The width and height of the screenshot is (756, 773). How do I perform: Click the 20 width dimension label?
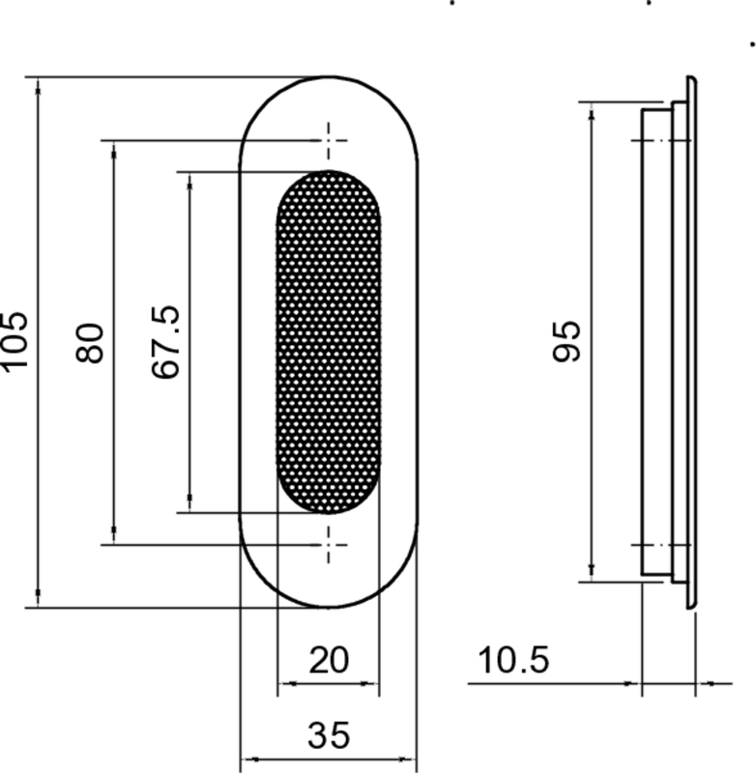point(328,661)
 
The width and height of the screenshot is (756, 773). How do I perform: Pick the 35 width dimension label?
point(328,735)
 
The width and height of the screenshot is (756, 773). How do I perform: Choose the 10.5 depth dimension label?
point(513,662)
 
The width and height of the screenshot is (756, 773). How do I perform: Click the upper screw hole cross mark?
point(331,140)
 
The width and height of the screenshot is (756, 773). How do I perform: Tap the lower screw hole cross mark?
point(331,544)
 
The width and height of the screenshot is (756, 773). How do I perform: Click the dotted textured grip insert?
point(328,341)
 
